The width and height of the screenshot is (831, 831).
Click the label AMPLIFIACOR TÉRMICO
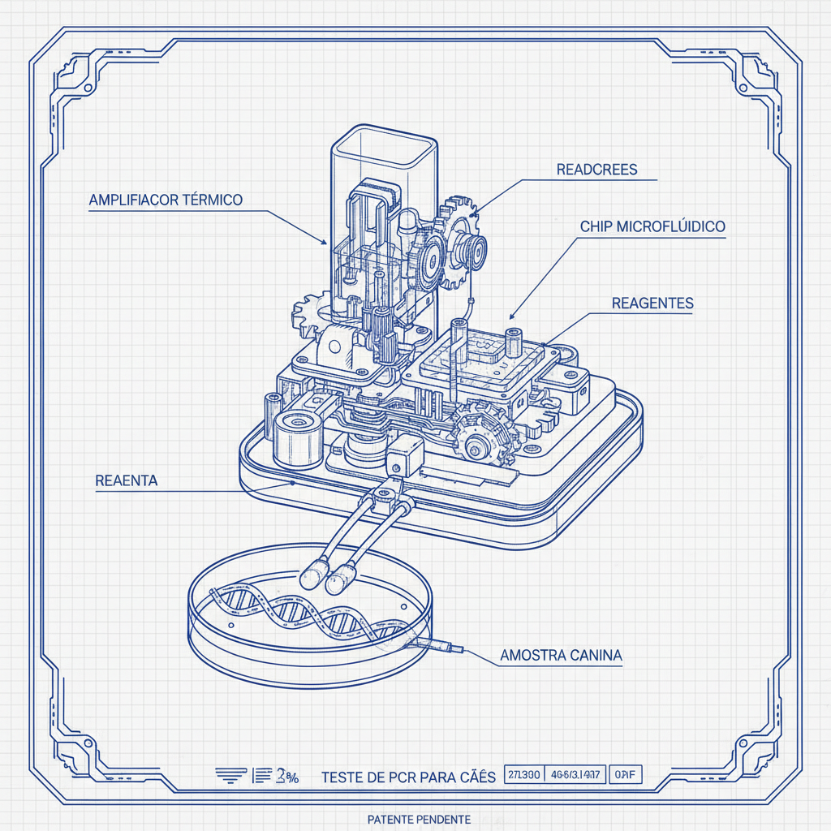[166, 200]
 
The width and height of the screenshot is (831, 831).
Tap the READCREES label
[596, 170]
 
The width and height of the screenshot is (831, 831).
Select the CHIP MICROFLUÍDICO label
[652, 226]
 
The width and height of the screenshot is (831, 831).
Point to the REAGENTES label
[652, 303]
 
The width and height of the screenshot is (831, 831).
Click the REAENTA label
[127, 480]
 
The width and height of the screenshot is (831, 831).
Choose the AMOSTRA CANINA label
[561, 655]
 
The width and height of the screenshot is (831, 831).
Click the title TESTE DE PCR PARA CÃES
[408, 777]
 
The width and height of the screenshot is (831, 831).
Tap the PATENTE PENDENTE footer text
[419, 820]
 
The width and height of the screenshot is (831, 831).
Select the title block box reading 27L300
[523, 775]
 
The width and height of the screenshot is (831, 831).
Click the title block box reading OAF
[624, 775]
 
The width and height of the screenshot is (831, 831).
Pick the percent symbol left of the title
[291, 777]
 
